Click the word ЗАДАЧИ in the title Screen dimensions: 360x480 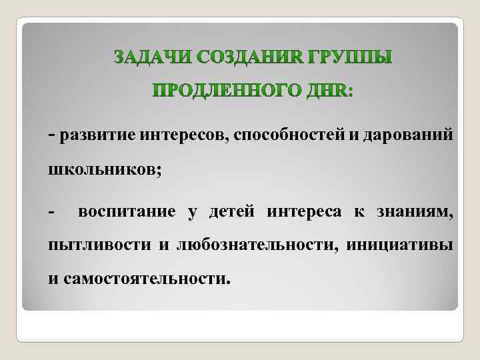coord(147,57)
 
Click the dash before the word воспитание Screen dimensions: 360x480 coord(51,213)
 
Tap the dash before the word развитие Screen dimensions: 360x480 coord(51,136)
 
